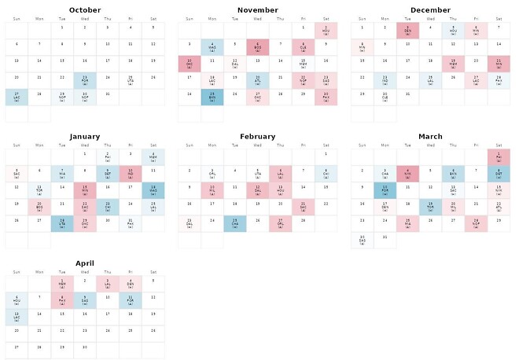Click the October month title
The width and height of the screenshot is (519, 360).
click(85, 10)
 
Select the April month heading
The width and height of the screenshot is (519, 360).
click(85, 263)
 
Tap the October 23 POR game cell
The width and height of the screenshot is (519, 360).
click(85, 80)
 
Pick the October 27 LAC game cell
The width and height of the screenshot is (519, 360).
click(16, 97)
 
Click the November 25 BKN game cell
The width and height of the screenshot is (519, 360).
click(212, 97)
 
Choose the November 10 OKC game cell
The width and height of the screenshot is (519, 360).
click(189, 64)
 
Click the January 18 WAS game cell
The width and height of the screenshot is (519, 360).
click(153, 190)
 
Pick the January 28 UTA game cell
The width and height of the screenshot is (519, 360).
click(62, 224)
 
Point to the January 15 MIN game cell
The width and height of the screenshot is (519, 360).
click(85, 190)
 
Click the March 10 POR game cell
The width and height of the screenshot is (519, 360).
click(385, 190)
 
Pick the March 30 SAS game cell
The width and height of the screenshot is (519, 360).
click(362, 241)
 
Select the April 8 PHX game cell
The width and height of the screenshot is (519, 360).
click(62, 300)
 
